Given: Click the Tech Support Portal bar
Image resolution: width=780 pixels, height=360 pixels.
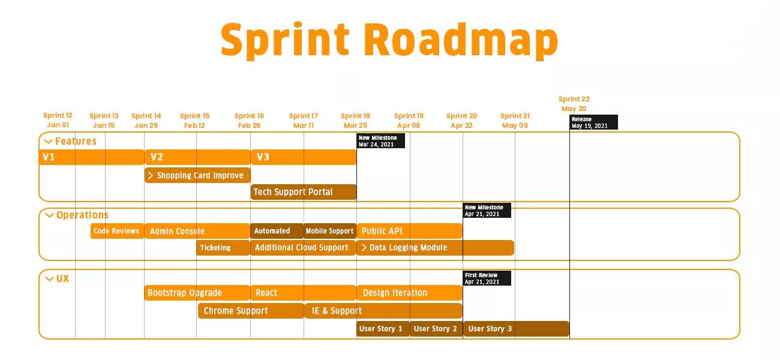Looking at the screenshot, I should (304, 192).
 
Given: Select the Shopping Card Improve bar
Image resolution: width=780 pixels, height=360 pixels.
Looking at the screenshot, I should (197, 176).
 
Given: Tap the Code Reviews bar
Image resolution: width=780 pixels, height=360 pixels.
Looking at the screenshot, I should (117, 231).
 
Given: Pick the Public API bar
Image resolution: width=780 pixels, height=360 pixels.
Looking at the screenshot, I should (409, 231).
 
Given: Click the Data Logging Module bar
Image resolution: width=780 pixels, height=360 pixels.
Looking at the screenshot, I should (435, 247).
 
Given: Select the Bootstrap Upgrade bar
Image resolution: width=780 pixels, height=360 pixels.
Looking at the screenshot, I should (197, 293).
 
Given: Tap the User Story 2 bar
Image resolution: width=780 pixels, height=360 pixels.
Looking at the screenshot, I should (436, 329).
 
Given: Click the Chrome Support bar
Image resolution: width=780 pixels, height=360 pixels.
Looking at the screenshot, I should (251, 311).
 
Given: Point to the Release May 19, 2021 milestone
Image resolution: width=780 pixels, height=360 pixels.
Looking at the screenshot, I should (593, 122).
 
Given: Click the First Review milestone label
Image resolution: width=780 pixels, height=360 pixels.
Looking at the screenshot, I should (487, 278).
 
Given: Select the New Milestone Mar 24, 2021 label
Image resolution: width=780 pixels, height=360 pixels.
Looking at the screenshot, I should (381, 141).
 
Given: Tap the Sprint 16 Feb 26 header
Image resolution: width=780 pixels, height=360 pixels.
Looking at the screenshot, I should (249, 121).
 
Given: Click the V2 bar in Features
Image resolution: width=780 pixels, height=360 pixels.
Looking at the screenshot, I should (197, 157).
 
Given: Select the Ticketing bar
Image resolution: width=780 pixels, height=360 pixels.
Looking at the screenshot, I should (223, 248).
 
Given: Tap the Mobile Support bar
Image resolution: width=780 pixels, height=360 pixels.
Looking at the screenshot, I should (329, 231).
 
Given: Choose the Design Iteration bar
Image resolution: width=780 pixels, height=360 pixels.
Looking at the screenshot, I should (409, 293).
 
